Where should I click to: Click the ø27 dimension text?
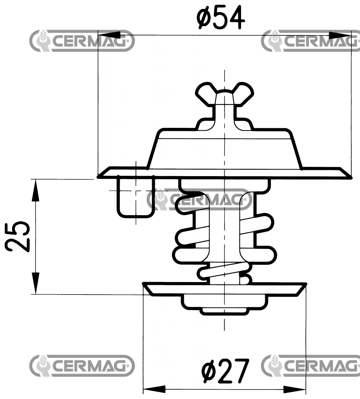coord(225,371)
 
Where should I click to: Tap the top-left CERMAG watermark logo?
coord(82,41)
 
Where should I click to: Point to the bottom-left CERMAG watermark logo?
coord(82,365)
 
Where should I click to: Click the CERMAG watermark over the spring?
coord(200,199)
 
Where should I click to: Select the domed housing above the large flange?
coord(224,150)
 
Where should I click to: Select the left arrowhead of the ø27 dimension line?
coord(154,389)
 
